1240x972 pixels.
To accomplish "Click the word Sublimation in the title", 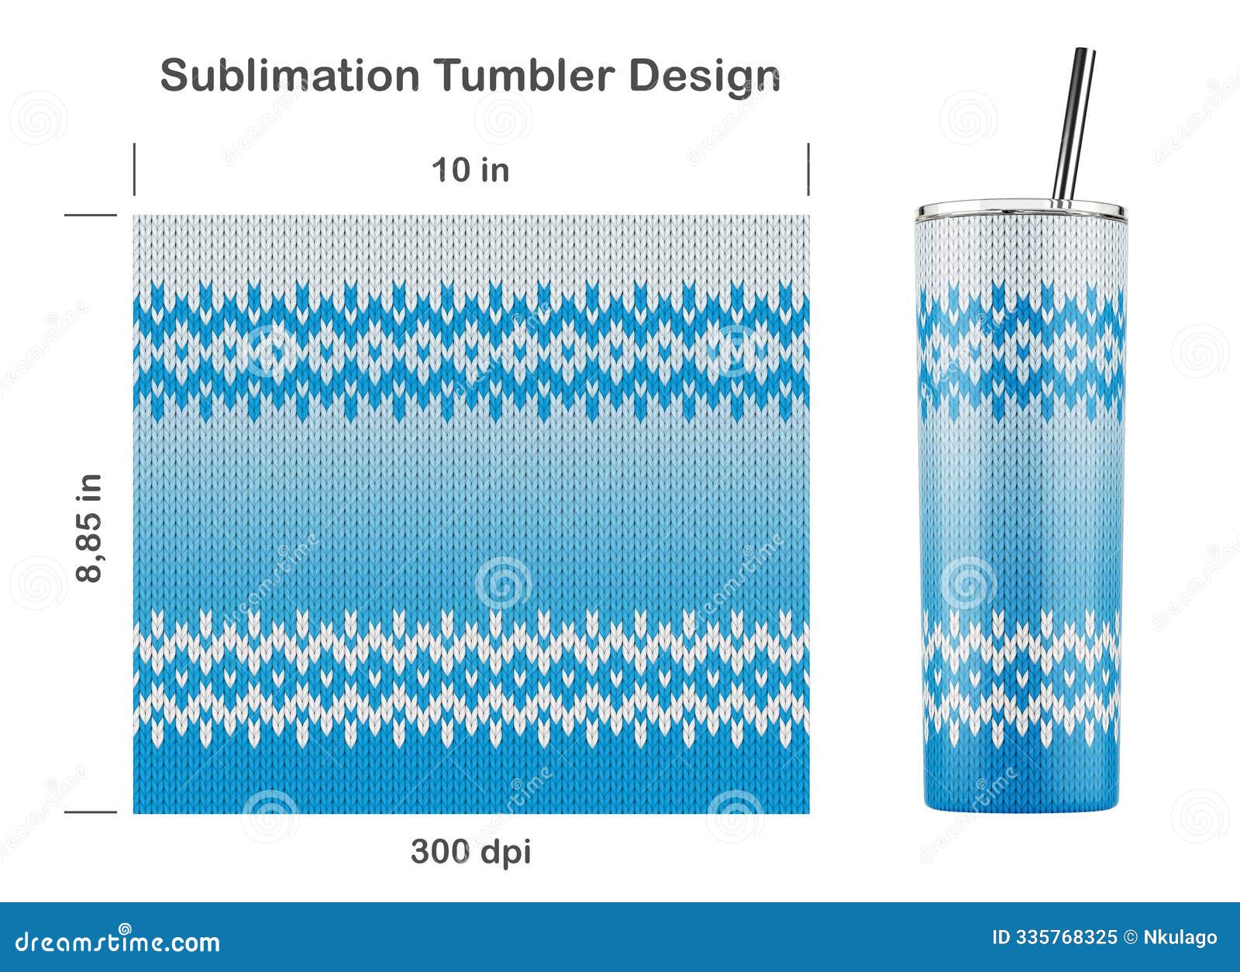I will [x=289, y=76].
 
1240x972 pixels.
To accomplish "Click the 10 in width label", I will [x=470, y=170].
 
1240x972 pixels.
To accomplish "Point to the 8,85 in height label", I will [x=90, y=528].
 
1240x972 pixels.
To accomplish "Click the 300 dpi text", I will [x=470, y=852].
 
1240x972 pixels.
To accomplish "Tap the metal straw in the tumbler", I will [x=1073, y=124].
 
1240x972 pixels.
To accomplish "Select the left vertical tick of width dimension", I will [x=134, y=169].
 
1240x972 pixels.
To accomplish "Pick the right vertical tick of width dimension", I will [x=808, y=169].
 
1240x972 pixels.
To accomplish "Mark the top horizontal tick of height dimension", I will [x=90, y=215].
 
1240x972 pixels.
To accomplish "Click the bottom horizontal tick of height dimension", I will [x=90, y=812].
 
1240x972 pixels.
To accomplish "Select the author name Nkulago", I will [x=1180, y=938].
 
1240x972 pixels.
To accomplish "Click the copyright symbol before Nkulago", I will [x=1130, y=938].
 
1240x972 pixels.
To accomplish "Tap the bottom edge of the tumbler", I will [x=1021, y=808].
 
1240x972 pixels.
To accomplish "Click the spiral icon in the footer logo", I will [x=124, y=929].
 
